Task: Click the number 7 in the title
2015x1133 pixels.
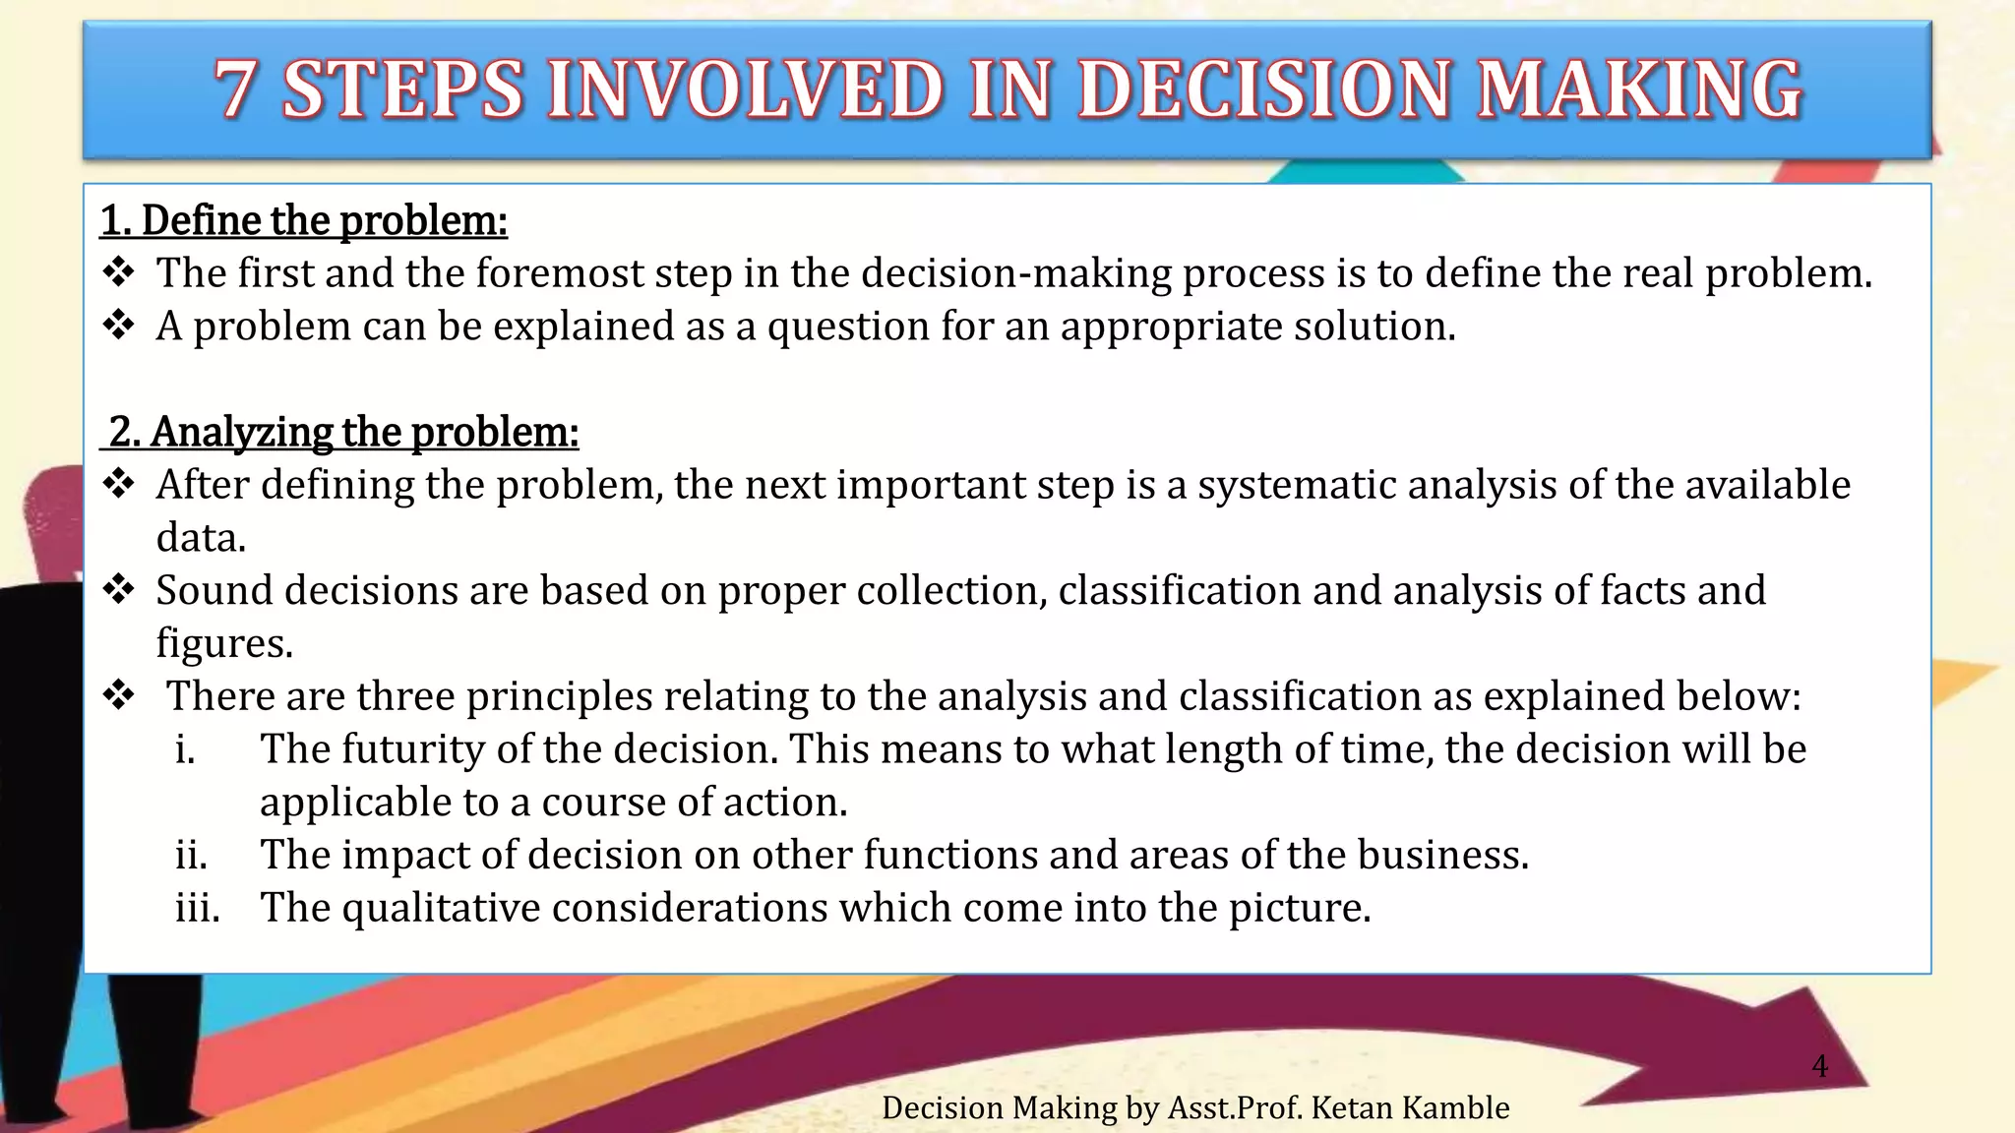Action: click(x=235, y=89)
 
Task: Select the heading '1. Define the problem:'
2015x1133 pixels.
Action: click(x=304, y=220)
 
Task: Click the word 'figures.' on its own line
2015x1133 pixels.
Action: click(x=224, y=643)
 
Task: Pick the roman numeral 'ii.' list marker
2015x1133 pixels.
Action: click(x=192, y=855)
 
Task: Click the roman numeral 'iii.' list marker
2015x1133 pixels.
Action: click(x=198, y=908)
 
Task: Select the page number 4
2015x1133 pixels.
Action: click(x=1819, y=1066)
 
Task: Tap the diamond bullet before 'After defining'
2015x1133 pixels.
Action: click(x=119, y=484)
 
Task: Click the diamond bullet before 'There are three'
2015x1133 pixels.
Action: click(x=119, y=695)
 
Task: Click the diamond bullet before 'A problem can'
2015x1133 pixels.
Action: click(x=119, y=326)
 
